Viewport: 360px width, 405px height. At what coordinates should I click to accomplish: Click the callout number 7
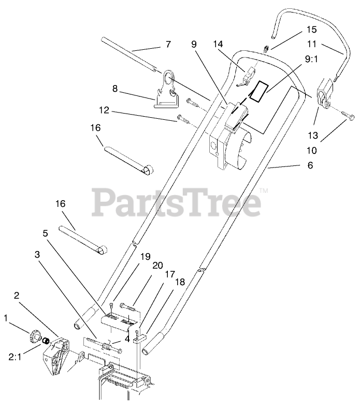pos(168,45)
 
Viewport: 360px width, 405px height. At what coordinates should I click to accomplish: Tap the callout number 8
pos(116,89)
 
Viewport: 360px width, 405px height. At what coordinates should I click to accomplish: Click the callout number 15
pos(297,30)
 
